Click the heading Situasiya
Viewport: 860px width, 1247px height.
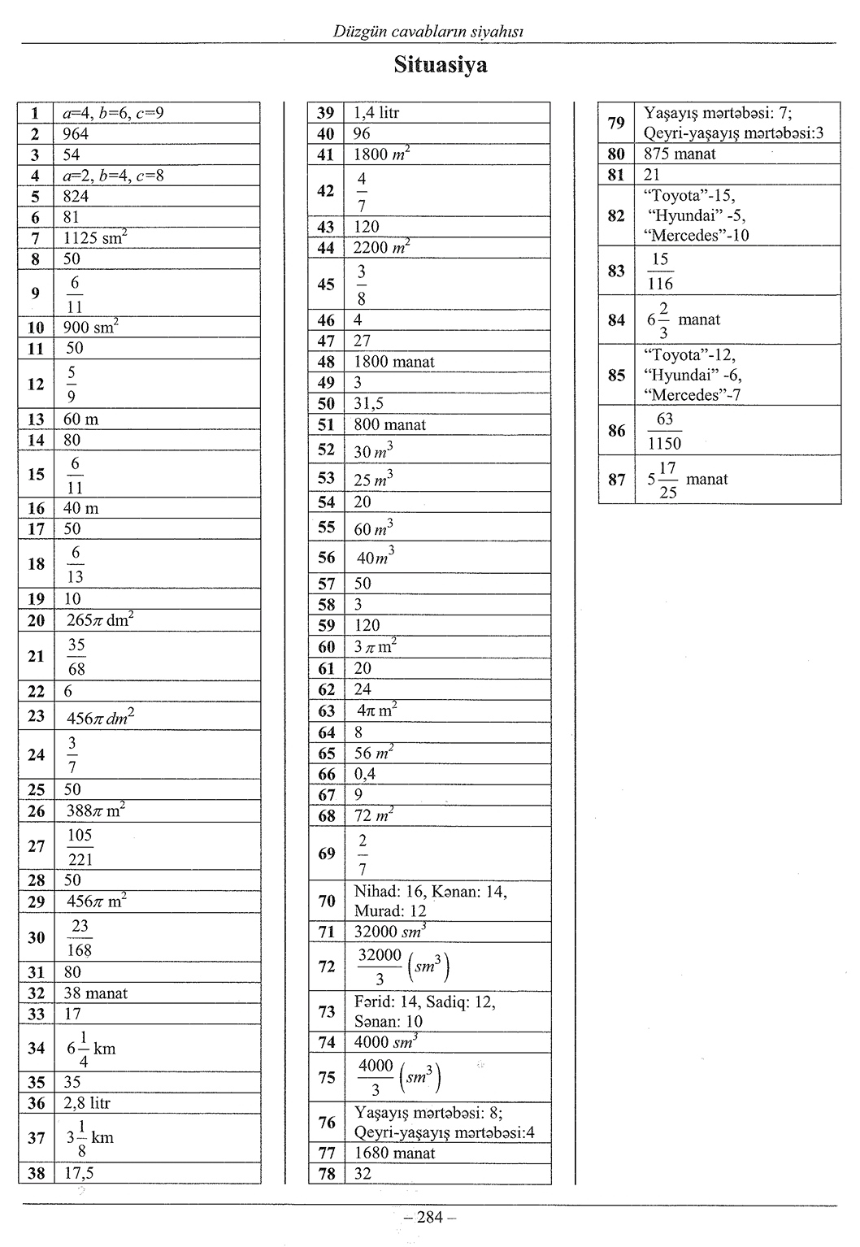pos(441,65)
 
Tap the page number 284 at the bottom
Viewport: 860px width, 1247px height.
pos(429,1217)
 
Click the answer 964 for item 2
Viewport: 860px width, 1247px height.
pos(76,134)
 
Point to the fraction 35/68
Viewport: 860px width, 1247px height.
pos(76,656)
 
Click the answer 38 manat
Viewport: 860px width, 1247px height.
pos(95,993)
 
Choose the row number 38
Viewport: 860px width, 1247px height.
pos(36,1173)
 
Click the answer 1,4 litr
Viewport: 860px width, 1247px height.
pos(376,113)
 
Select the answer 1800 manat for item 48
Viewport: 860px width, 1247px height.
pos(394,362)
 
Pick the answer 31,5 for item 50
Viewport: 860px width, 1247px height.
pos(368,403)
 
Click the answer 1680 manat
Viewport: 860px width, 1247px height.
pos(394,1153)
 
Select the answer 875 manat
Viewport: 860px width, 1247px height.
pos(680,154)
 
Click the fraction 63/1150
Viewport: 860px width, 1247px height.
pos(664,431)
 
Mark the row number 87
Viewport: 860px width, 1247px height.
pos(616,480)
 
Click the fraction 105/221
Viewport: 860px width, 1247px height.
pos(80,847)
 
